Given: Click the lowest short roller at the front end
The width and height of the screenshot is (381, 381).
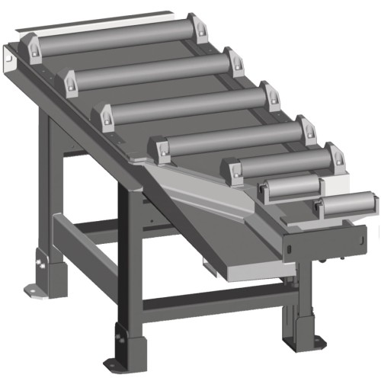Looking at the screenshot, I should point(347,204).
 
